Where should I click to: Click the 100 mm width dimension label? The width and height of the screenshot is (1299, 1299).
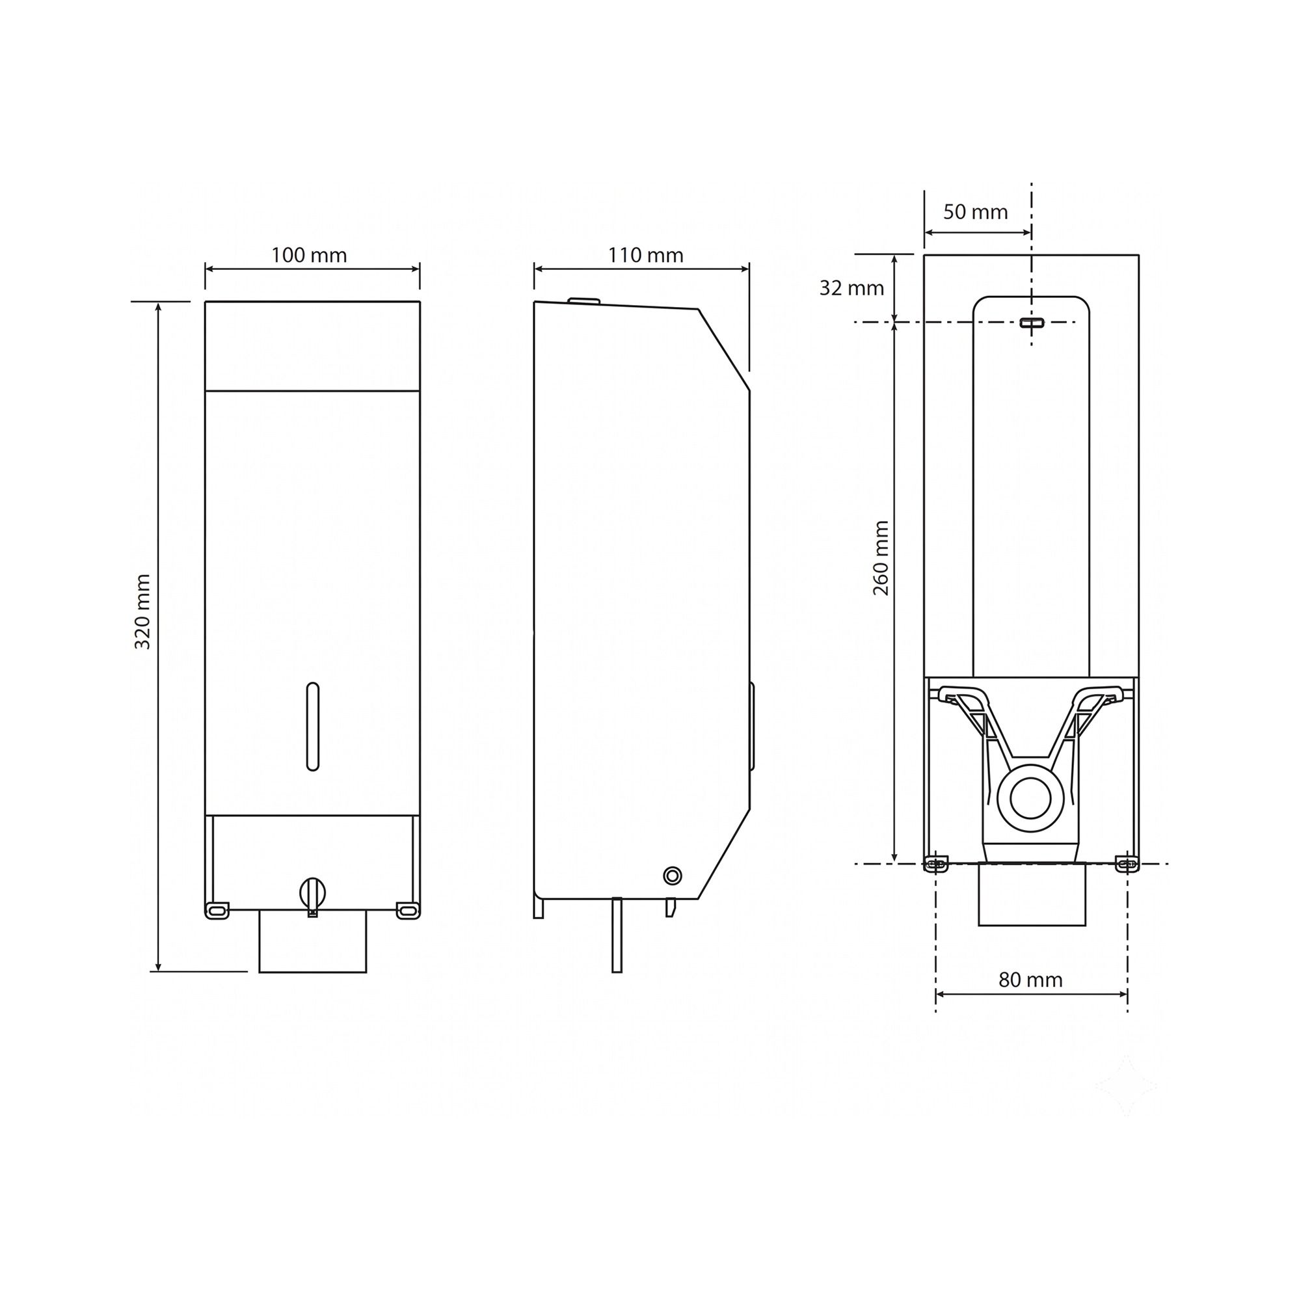pyautogui.click(x=309, y=256)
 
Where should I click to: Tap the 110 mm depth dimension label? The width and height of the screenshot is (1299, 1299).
pyautogui.click(x=646, y=256)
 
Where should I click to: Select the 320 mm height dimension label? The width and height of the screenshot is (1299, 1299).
pyautogui.click(x=142, y=612)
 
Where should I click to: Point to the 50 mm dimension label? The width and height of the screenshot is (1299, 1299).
pyautogui.click(x=976, y=213)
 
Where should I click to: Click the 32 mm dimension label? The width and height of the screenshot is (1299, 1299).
pyautogui.click(x=851, y=288)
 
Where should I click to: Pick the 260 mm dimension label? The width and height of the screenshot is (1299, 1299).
pyautogui.click(x=881, y=558)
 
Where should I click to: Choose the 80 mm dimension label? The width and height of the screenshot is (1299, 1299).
pyautogui.click(x=1031, y=980)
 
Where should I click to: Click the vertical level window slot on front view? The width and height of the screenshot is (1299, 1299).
pyautogui.click(x=312, y=726)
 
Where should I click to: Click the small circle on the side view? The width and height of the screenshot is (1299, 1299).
pyautogui.click(x=672, y=876)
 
